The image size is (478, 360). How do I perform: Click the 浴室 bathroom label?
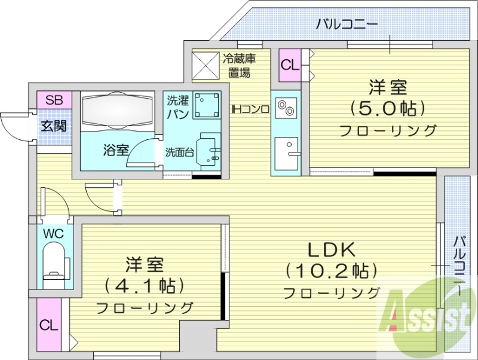coord(115,150)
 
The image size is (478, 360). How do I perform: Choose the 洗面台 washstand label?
coord(179,152)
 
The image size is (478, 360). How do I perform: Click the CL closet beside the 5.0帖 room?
coord(290,65)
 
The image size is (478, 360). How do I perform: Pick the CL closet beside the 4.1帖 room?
coord(49,325)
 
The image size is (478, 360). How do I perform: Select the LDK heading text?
coord(332,249)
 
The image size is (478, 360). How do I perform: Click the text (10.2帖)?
coord(332,271)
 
